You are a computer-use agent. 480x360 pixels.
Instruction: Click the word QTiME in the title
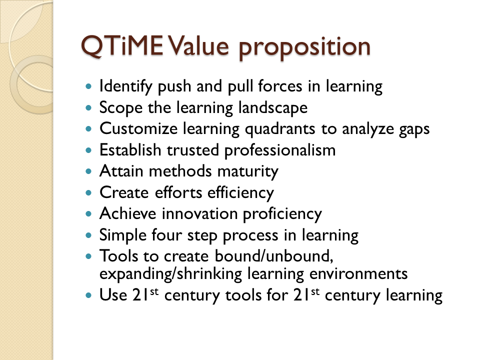pyautogui.click(x=122, y=46)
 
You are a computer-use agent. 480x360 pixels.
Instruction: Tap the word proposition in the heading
pyautogui.click(x=304, y=48)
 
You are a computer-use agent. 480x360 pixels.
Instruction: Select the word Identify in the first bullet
pyautogui.click(x=126, y=86)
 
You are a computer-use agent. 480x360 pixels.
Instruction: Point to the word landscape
pyautogui.click(x=273, y=108)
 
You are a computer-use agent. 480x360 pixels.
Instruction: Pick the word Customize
pyautogui.click(x=138, y=128)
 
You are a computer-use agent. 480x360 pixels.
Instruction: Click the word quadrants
pyautogui.click(x=280, y=129)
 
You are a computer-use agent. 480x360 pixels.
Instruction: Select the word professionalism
pyautogui.click(x=280, y=150)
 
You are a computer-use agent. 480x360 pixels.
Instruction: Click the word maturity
pyautogui.click(x=247, y=171)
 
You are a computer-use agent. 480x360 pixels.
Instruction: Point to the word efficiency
pyautogui.click(x=240, y=193)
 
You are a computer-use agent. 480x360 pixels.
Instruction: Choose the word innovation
pyautogui.click(x=199, y=213)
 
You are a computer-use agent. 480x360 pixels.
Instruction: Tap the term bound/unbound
pyautogui.click(x=274, y=255)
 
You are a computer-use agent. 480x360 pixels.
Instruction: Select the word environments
pyautogui.click(x=358, y=273)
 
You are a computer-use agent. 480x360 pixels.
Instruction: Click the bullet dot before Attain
pyautogui.click(x=89, y=171)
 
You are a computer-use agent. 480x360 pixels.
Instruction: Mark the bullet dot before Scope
pyautogui.click(x=89, y=108)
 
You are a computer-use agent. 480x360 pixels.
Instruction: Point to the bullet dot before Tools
pyautogui.click(x=89, y=256)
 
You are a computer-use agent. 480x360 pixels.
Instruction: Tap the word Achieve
pyautogui.click(x=127, y=213)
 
